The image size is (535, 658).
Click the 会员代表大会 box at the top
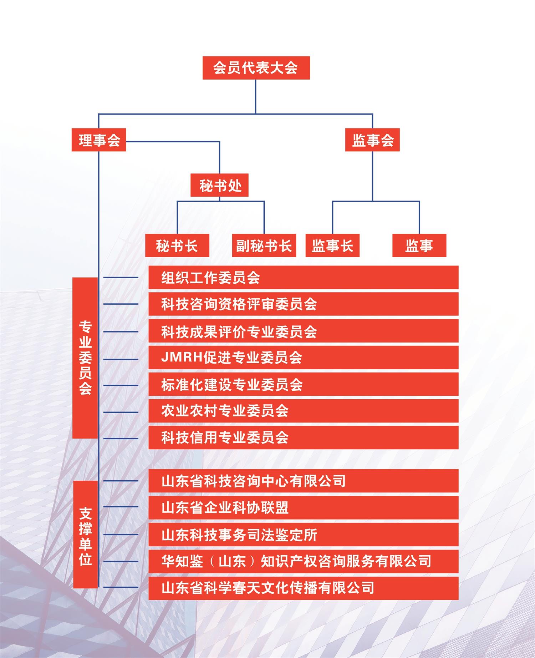click(256, 68)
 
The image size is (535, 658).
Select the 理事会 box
click(99, 140)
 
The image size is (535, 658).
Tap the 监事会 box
click(372, 140)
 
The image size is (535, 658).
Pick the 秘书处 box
click(219, 185)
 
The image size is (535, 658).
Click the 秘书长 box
click(177, 246)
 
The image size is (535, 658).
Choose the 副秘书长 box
click(264, 246)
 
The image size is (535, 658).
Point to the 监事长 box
click(332, 246)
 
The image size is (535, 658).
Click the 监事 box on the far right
click(419, 246)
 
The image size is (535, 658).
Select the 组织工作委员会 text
click(210, 278)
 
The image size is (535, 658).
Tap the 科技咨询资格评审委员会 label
click(239, 304)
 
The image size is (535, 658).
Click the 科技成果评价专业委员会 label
click(239, 331)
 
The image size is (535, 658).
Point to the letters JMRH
click(182, 357)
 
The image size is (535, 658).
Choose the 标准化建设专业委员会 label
click(232, 385)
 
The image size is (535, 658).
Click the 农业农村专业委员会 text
click(225, 411)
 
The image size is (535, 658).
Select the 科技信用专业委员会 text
click(225, 437)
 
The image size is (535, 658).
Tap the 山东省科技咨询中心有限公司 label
click(254, 481)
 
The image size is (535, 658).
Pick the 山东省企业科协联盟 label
click(225, 507)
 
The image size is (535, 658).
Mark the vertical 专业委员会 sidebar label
click(86, 358)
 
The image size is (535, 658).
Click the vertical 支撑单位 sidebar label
click(86, 536)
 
